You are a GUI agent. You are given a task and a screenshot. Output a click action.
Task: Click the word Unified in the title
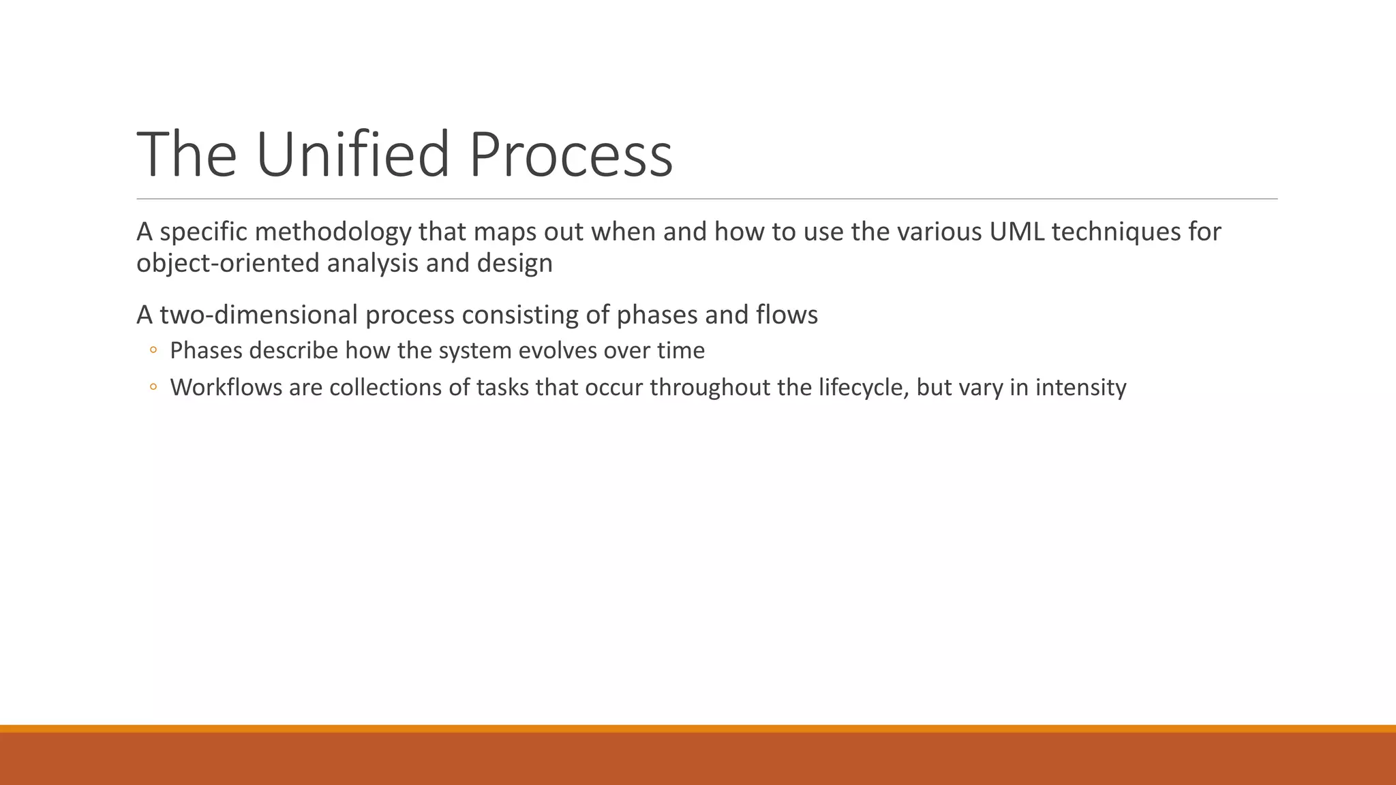click(x=352, y=155)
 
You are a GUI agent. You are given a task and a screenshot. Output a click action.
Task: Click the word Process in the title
click(x=571, y=155)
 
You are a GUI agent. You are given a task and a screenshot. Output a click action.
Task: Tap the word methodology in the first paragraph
click(x=333, y=232)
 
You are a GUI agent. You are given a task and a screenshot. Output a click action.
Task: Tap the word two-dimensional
click(x=258, y=315)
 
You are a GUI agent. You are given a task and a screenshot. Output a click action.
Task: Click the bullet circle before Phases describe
click(x=153, y=350)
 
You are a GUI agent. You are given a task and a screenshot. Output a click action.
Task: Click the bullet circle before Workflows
click(x=153, y=387)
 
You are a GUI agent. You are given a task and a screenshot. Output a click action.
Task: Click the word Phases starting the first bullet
click(x=206, y=350)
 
